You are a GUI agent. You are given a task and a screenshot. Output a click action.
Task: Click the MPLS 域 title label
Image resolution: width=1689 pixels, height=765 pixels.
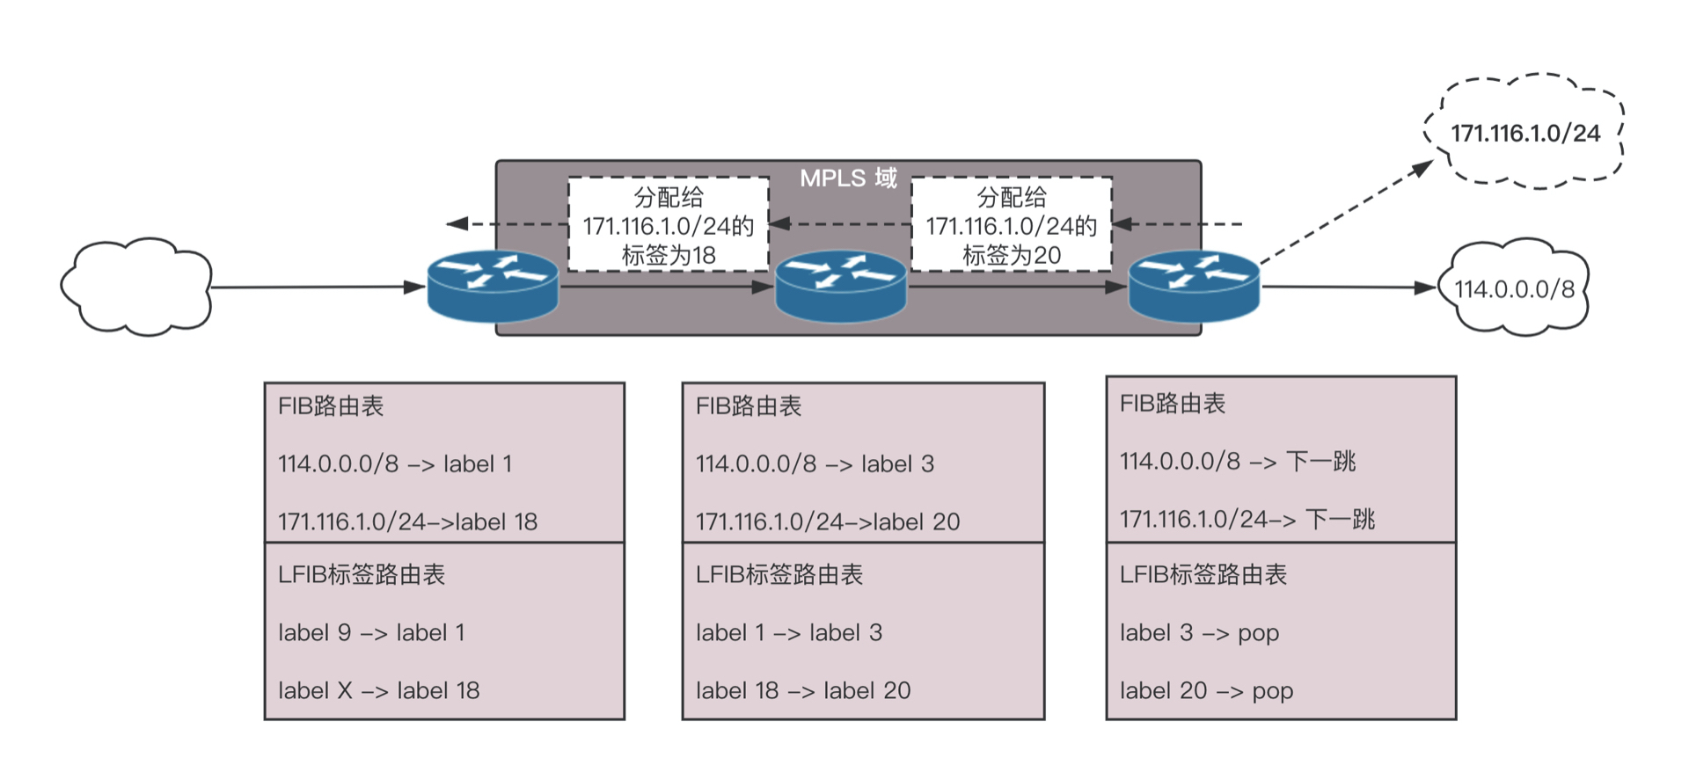[848, 178]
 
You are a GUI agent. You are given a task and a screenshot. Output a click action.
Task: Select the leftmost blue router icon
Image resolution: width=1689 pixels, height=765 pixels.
[493, 286]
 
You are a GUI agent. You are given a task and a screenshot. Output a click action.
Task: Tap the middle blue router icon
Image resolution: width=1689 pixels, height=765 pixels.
[840, 286]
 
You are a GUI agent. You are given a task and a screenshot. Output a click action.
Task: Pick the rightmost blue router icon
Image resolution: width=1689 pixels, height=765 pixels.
[1194, 286]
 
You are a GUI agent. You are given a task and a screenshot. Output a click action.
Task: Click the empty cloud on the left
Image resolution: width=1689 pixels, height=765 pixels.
[137, 287]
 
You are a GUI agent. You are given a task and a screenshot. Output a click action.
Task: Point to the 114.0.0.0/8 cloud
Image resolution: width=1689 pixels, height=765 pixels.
[1514, 288]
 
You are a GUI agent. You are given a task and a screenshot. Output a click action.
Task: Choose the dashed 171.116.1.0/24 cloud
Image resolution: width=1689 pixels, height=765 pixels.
[1524, 133]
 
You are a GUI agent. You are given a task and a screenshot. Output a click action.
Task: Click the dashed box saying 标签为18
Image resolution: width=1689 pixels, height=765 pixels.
[669, 225]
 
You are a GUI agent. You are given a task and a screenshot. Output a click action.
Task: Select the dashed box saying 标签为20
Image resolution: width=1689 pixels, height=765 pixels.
[1012, 225]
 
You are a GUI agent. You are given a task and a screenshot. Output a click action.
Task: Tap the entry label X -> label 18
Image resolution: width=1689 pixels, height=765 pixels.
[379, 691]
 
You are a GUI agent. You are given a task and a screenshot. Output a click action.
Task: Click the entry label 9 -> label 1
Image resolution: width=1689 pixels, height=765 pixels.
[371, 633]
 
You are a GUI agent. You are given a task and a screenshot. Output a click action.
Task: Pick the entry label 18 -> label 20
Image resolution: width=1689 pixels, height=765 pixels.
[803, 691]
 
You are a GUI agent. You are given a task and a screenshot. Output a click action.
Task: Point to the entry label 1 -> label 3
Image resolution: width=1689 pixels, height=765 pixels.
[789, 633]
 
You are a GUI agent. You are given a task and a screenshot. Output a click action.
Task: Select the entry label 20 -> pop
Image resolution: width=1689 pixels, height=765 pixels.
[1206, 691]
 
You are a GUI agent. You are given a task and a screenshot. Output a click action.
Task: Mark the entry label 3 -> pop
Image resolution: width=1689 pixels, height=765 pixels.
[1199, 633]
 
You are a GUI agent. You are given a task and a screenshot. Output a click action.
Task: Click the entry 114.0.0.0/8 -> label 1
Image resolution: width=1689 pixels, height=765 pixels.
[395, 464]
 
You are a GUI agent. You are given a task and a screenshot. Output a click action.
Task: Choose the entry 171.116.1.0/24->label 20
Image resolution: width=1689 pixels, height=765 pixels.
[828, 522]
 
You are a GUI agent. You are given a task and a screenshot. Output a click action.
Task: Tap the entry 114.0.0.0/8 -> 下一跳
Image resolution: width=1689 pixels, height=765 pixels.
[1238, 462]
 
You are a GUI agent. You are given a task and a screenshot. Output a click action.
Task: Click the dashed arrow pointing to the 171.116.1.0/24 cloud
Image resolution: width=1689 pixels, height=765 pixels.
[1346, 212]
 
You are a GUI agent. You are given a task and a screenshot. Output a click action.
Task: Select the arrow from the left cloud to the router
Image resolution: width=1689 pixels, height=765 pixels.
[317, 287]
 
